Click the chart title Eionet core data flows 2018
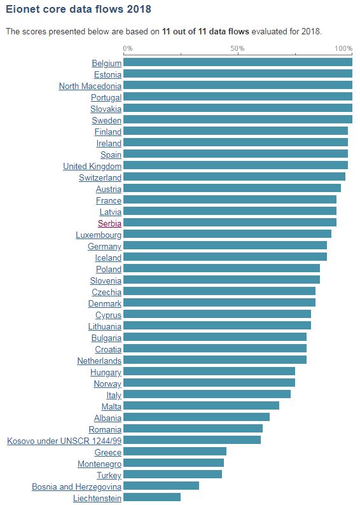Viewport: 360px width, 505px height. (x=78, y=10)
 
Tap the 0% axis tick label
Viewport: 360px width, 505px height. (x=128, y=49)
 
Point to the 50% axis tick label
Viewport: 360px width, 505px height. (x=237, y=49)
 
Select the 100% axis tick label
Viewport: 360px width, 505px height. (x=343, y=49)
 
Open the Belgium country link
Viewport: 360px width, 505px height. (x=106, y=63)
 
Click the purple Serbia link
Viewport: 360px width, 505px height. (x=109, y=223)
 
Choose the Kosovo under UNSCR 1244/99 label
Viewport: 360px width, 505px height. (x=64, y=440)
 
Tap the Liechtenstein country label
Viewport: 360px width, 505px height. (x=97, y=497)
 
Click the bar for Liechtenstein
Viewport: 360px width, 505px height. (x=152, y=497)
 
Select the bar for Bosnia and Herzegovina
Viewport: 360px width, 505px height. (x=161, y=486)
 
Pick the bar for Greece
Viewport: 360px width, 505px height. (x=175, y=452)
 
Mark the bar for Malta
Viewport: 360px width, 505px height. (x=201, y=406)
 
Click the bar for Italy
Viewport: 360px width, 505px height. (x=207, y=394)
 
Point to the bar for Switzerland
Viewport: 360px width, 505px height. (x=234, y=177)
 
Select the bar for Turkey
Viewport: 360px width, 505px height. (x=172, y=474)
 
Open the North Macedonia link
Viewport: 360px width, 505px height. (x=90, y=86)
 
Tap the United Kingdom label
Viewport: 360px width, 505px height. (x=92, y=166)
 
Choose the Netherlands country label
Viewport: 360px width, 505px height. (x=99, y=361)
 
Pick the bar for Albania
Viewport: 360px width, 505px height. (x=197, y=417)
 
